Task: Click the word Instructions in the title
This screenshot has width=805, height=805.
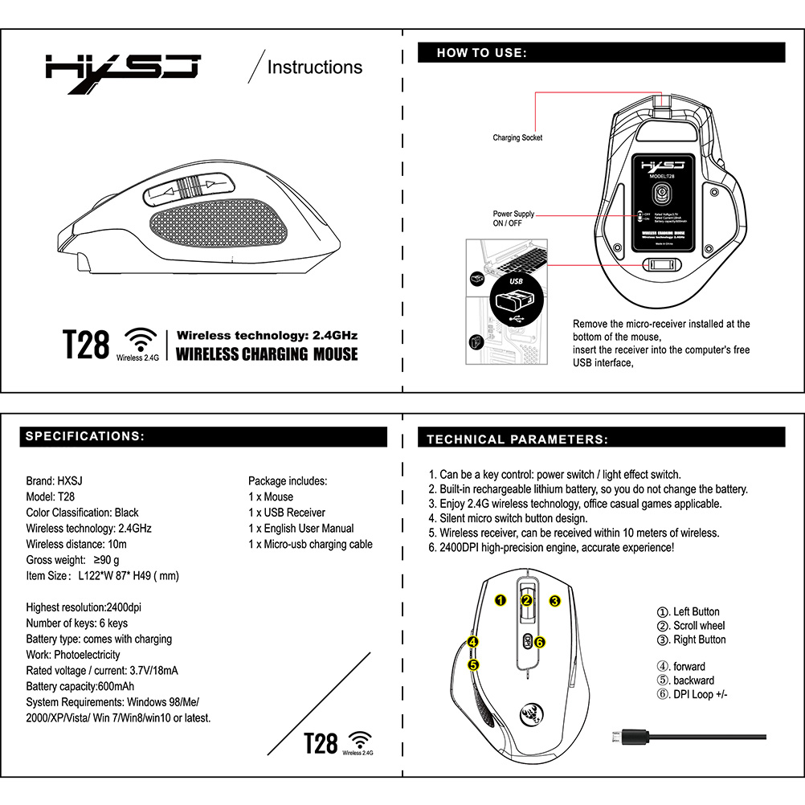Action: (x=314, y=67)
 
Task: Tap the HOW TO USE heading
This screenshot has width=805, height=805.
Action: (x=482, y=53)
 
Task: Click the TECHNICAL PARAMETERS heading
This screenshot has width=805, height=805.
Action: (x=517, y=439)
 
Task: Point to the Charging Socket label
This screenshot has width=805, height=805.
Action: (x=517, y=138)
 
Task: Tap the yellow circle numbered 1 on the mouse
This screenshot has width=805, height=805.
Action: (x=500, y=600)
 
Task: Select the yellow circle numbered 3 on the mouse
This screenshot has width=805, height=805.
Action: (x=554, y=600)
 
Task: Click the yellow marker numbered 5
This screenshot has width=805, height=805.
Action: (x=473, y=664)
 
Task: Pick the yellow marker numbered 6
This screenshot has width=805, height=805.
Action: (x=540, y=642)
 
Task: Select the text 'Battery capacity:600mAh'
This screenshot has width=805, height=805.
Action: (x=80, y=686)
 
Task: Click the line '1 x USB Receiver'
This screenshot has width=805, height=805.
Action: (x=287, y=513)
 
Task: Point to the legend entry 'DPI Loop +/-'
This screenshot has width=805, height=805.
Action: (x=693, y=694)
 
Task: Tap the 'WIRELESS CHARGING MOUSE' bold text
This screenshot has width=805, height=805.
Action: (x=267, y=354)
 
